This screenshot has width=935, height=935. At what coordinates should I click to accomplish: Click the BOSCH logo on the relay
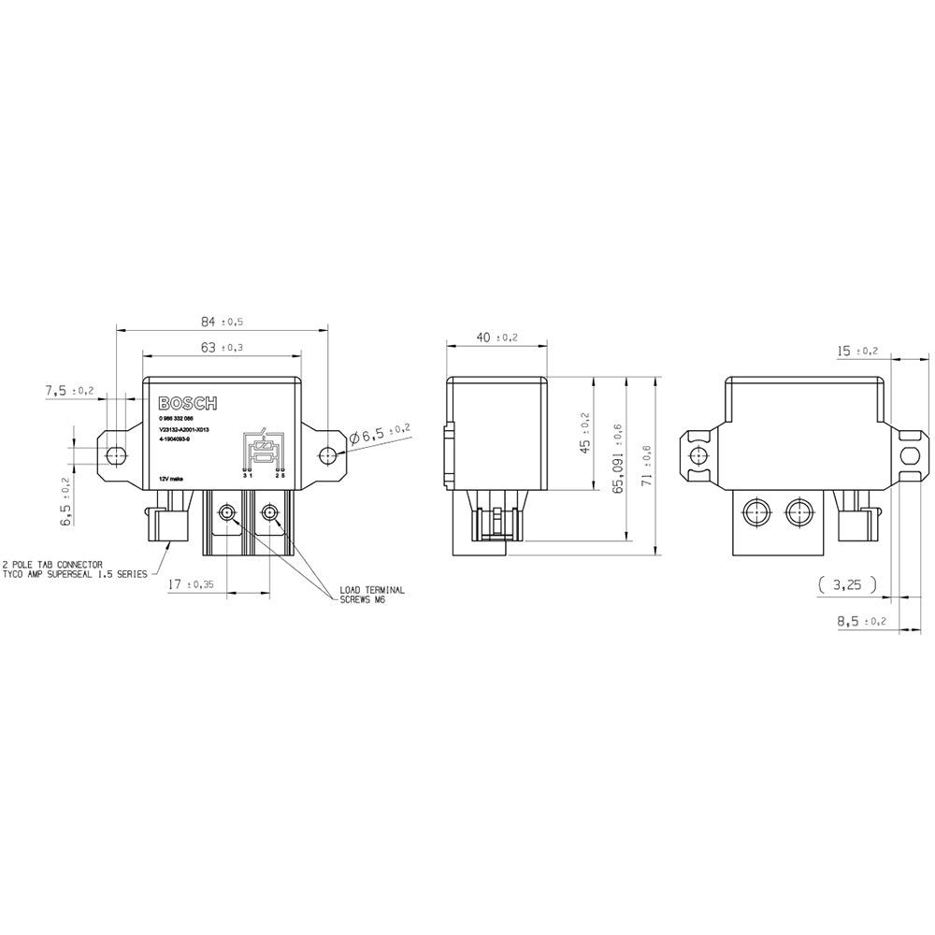pyautogui.click(x=187, y=403)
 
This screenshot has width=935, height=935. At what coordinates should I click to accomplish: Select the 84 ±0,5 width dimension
pyautogui.click(x=222, y=322)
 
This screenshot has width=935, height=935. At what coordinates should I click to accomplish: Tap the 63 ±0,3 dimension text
pyautogui.click(x=222, y=347)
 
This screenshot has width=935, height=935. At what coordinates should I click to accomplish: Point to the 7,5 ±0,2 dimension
pyautogui.click(x=69, y=390)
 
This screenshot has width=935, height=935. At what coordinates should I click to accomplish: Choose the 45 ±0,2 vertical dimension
pyautogui.click(x=585, y=432)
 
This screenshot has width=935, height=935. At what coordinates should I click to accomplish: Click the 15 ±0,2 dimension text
pyautogui.click(x=857, y=351)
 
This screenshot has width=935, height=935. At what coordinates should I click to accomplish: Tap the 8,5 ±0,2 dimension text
pyautogui.click(x=856, y=621)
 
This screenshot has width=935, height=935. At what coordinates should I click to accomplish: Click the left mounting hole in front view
pyautogui.click(x=116, y=455)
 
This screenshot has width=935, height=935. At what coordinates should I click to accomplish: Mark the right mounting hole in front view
pyautogui.click(x=326, y=455)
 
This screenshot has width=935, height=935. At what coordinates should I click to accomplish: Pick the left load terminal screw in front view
pyautogui.click(x=225, y=513)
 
